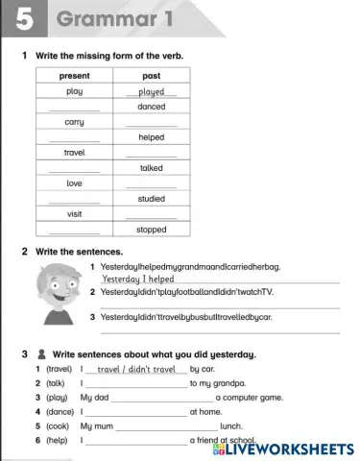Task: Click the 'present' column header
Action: pos(74,75)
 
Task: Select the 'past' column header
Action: pos(151,75)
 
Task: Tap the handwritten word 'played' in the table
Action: pos(152,92)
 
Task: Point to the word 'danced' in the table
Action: pos(152,107)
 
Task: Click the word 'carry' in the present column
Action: pos(74,122)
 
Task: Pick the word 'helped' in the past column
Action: pos(152,137)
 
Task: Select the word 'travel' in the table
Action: pos(74,153)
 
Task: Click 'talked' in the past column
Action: pos(152,168)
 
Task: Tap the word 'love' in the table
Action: pos(74,183)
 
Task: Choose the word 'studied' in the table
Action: pos(152,199)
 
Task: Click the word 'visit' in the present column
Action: pos(74,214)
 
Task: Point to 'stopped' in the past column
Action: pos(152,230)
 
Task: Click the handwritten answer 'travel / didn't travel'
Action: pos(137,369)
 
